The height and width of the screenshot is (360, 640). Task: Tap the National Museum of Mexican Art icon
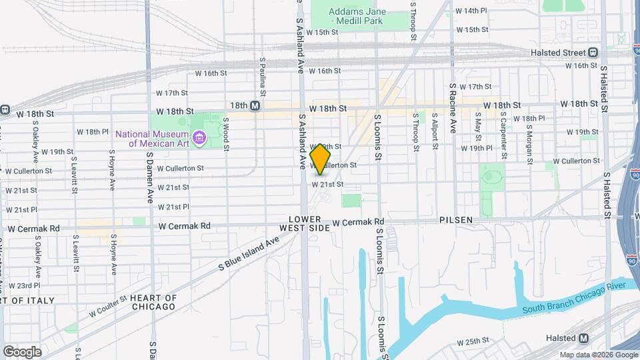pyautogui.click(x=198, y=139)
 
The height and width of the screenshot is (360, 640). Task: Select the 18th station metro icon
pyautogui.click(x=254, y=105)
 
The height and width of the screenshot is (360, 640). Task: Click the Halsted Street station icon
pyautogui.click(x=593, y=53)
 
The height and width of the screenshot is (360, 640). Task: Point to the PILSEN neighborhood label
pyautogui.click(x=456, y=219)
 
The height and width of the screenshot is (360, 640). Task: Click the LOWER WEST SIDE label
pyautogui.click(x=309, y=223)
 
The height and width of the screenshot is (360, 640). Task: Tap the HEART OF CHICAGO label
pyautogui.click(x=153, y=302)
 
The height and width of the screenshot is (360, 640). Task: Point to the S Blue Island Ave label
pyautogui.click(x=249, y=255)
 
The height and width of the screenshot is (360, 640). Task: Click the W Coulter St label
pyautogui.click(x=106, y=307)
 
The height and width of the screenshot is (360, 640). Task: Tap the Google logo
pyautogui.click(x=22, y=352)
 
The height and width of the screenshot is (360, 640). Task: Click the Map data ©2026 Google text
pyautogui.click(x=598, y=355)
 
